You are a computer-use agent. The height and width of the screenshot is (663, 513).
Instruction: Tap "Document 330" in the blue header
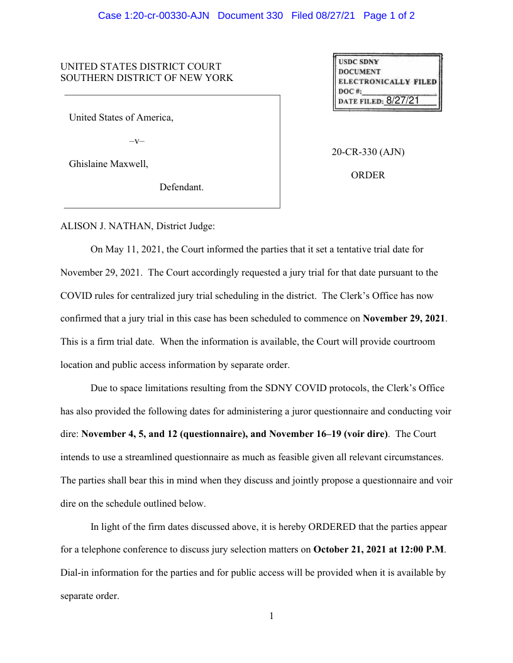pos(250,15)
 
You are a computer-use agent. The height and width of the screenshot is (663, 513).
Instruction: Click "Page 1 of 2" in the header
pos(389,15)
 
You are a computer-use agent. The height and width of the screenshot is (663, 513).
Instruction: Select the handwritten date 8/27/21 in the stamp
pos(402,100)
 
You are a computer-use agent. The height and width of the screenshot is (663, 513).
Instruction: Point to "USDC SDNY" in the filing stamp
pos(359,62)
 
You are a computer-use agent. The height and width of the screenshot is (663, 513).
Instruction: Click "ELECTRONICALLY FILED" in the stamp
pos(387,82)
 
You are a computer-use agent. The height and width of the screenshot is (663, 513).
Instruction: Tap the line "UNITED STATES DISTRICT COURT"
pos(141,67)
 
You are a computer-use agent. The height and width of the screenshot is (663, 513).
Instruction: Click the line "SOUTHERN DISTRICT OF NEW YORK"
pos(146,78)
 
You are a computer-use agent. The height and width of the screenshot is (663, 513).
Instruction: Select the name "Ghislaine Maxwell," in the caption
pos(109,164)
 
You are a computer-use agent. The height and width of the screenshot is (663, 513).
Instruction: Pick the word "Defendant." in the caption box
pos(181,187)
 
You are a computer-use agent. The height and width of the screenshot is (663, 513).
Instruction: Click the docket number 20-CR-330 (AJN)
pos(368,153)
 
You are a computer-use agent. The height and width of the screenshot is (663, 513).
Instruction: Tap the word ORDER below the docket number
pos(368,175)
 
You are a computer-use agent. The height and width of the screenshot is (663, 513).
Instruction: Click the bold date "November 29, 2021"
pos(404,318)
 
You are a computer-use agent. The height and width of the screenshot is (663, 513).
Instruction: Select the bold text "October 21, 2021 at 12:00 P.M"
pos(378,549)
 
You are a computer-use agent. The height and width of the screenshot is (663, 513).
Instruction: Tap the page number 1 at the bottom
pos(272,616)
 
